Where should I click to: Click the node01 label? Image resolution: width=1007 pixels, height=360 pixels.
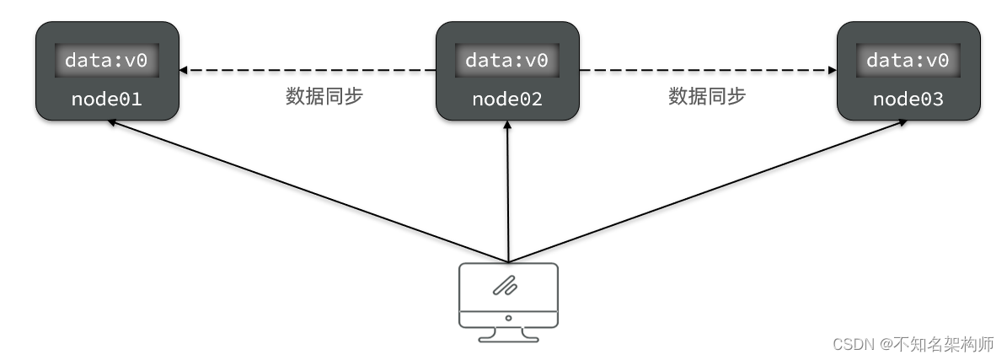click(x=106, y=99)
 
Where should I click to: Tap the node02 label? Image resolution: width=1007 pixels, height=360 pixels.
click(x=507, y=99)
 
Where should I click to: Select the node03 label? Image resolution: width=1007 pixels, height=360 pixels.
click(x=908, y=99)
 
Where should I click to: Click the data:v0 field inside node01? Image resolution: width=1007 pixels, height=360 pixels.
click(x=106, y=61)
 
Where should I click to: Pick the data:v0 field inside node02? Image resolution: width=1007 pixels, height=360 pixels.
click(x=507, y=61)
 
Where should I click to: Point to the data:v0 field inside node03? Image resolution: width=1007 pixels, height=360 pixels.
click(x=908, y=61)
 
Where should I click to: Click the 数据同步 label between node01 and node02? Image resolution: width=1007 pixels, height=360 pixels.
click(x=324, y=96)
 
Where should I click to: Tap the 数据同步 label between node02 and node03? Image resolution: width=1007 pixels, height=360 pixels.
click(x=707, y=96)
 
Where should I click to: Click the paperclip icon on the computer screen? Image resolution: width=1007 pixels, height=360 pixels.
click(x=507, y=287)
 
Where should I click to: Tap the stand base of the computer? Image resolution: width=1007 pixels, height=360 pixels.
click(x=508, y=338)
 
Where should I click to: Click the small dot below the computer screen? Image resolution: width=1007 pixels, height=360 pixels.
click(x=508, y=318)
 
